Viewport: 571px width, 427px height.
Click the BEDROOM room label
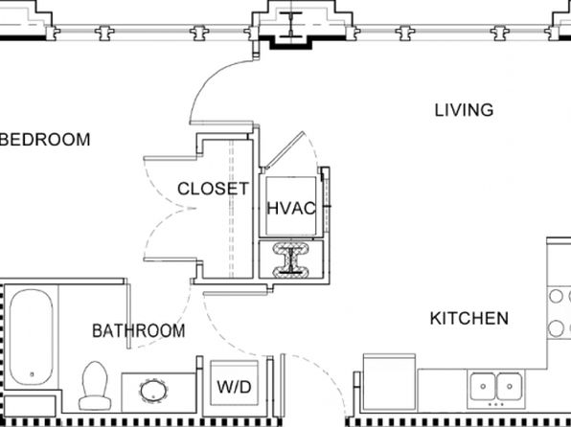coord(45,140)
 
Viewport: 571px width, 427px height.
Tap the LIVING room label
coord(465,110)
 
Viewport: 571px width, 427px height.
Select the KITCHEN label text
coord(469,319)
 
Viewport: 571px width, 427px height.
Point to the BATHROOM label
coord(138,331)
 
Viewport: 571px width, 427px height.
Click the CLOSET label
coord(213,189)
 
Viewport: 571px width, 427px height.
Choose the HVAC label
coord(291,209)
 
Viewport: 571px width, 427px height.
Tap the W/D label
coord(234,387)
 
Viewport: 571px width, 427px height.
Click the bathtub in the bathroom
coord(32,337)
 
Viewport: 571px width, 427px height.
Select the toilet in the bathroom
coord(95,386)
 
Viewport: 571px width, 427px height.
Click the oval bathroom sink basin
coord(153,392)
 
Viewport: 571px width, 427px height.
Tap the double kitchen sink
coord(496,387)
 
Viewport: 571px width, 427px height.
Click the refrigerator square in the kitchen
coord(389,381)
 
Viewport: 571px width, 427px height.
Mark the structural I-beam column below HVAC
coord(291,258)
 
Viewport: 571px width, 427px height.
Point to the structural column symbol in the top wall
coord(291,25)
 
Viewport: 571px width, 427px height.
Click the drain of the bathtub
coord(32,373)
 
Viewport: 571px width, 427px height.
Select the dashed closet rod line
coord(231,209)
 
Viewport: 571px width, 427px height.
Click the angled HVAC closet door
coord(284,150)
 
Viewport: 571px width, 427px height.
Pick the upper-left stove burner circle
coord(556,296)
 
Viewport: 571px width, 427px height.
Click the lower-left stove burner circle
coord(556,328)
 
